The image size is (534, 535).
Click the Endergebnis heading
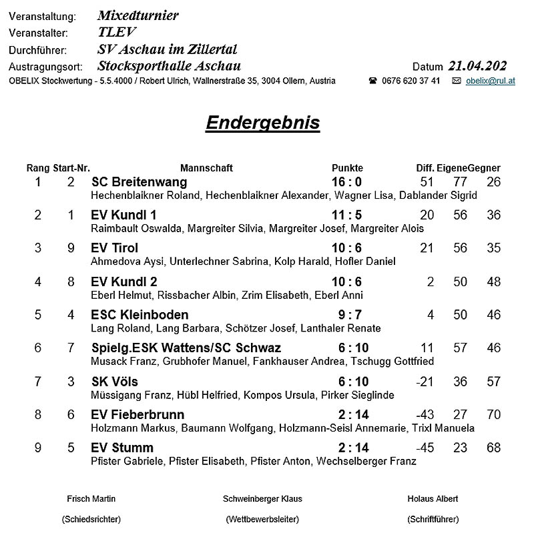click(x=262, y=123)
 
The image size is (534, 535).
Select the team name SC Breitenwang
click(x=139, y=182)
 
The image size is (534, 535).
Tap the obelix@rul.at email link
click(x=490, y=81)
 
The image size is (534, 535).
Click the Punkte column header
click(x=347, y=168)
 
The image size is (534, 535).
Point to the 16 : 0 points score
click(x=346, y=182)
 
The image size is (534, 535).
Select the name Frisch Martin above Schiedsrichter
click(x=91, y=499)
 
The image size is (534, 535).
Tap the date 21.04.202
click(x=477, y=66)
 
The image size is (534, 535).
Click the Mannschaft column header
click(x=206, y=168)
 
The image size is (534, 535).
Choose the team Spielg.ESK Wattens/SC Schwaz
click(x=186, y=348)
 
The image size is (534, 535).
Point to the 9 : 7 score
click(x=350, y=315)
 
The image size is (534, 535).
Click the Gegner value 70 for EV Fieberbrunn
click(x=493, y=414)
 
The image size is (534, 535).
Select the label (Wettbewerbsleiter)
click(x=262, y=519)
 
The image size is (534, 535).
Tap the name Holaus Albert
click(x=433, y=499)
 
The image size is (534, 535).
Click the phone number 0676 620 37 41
click(x=411, y=81)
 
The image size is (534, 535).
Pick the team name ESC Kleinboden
click(x=140, y=315)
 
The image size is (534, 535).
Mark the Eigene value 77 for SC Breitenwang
click(x=460, y=182)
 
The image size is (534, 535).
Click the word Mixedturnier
click(x=138, y=15)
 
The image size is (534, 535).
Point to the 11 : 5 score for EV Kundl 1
click(x=346, y=215)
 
